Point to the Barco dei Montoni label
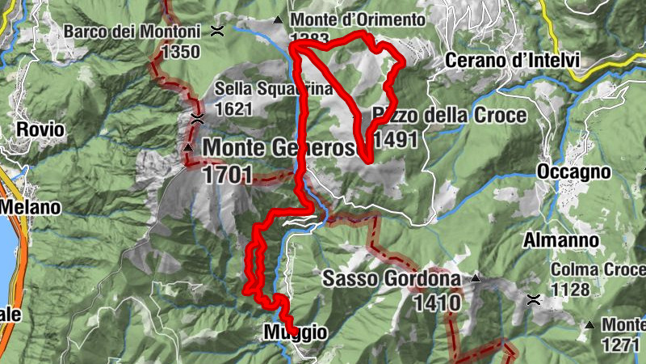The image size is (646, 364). tap(132, 32)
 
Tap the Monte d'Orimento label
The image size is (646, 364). tap(358, 19)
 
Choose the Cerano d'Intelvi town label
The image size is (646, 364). tap(512, 60)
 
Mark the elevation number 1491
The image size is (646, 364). tap(396, 139)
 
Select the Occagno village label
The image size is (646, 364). tap(573, 172)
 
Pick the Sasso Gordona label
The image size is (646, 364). tap(392, 279)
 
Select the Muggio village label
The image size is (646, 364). tap(295, 332)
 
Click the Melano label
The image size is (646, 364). tap(30, 207)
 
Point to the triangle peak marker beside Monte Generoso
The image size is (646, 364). tap(187, 148)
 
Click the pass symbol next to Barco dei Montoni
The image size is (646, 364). tap(217, 32)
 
